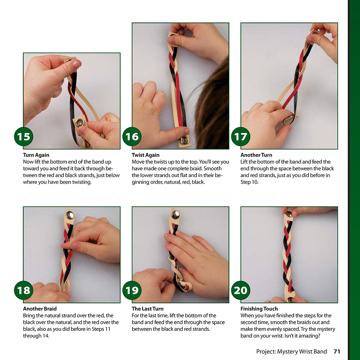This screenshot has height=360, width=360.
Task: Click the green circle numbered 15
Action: (24, 136)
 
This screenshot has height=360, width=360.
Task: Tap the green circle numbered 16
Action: (132, 136)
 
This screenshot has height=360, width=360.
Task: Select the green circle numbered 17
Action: (241, 136)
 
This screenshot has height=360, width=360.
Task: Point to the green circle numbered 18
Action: (24, 290)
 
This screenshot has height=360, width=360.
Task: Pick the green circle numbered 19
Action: (132, 290)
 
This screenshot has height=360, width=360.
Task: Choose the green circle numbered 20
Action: (241, 290)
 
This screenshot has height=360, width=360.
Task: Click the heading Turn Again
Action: (36, 155)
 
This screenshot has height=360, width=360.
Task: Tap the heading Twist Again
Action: (145, 155)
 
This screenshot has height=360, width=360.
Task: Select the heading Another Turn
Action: (256, 155)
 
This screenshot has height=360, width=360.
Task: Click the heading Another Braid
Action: (40, 309)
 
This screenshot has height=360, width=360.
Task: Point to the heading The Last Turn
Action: (148, 309)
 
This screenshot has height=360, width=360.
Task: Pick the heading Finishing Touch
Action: (259, 309)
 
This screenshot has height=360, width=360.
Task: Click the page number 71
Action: (337, 351)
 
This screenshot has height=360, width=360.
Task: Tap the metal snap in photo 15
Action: (80, 123)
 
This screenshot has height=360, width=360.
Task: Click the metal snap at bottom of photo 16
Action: (184, 140)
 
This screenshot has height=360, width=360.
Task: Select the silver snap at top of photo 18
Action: (70, 215)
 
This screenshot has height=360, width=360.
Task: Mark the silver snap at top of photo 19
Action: (176, 215)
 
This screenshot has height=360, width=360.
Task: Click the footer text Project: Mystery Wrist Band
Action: (292, 351)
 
